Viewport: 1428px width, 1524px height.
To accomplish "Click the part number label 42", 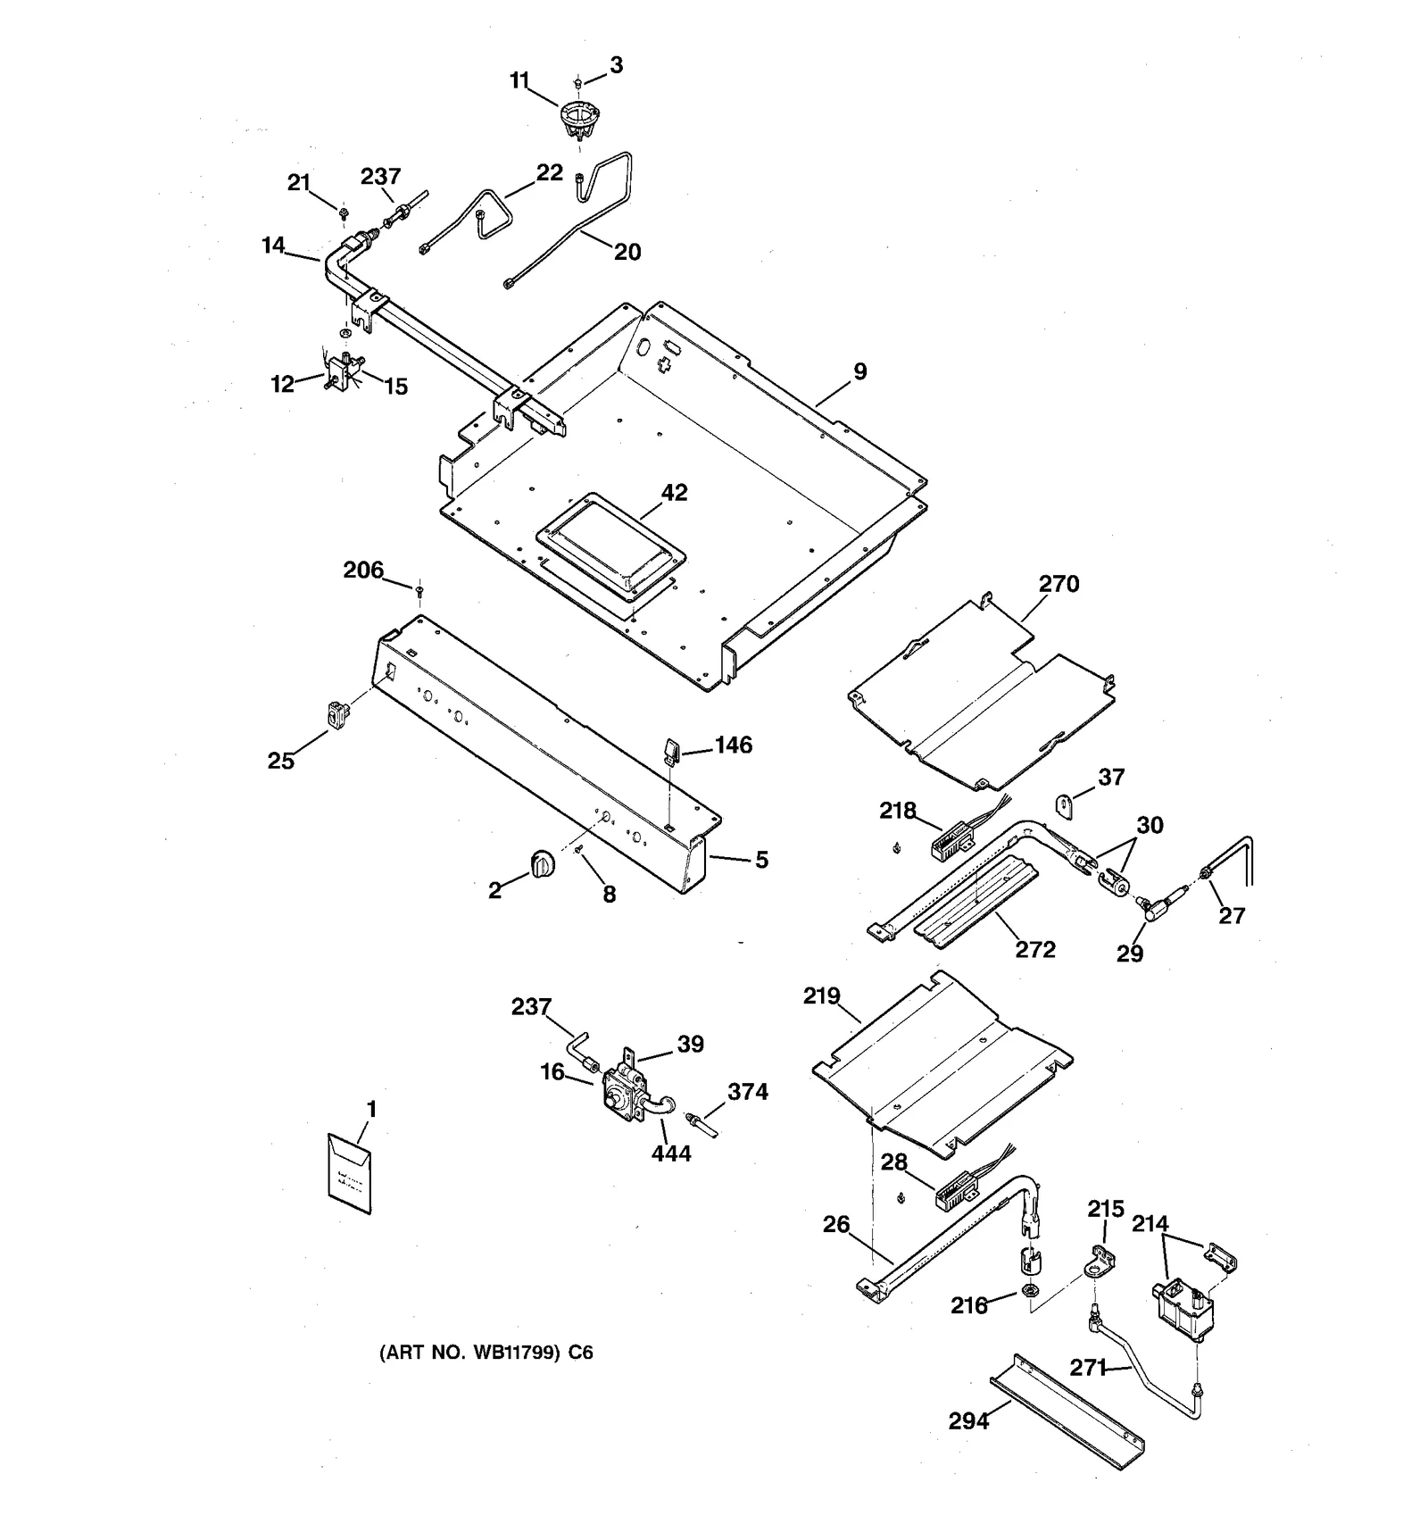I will [674, 493].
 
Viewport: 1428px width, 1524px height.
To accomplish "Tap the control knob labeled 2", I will [542, 864].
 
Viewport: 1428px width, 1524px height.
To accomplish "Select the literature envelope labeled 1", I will [350, 1173].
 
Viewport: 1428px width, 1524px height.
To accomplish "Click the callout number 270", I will [1059, 584].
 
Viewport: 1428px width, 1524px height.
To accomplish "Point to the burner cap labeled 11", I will [578, 121].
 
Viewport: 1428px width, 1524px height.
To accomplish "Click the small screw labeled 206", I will [419, 590].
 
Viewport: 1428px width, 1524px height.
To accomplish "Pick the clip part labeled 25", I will [336, 715].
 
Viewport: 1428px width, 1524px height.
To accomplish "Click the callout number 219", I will [821, 995].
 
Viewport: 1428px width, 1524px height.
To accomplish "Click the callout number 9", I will [859, 372].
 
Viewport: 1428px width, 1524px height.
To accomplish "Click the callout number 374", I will [747, 1092].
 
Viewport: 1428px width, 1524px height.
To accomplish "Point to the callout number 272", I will [1035, 949].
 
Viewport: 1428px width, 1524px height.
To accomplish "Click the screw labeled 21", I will [344, 212].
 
